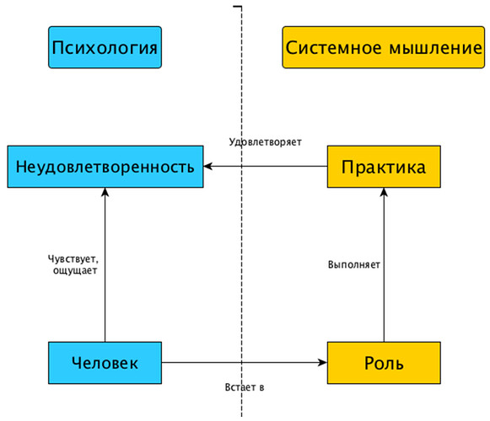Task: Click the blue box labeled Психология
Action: coord(105,47)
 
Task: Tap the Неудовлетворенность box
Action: coord(105,167)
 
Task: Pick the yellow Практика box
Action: coord(383,167)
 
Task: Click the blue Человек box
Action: coord(105,363)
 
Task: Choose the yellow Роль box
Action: coord(383,363)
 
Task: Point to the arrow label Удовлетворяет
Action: coord(265,141)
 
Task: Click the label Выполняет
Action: coord(353,264)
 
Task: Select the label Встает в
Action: coord(245,386)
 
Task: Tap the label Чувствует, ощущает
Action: coord(73,266)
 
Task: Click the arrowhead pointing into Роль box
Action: coord(322,363)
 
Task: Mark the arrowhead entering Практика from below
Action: coord(383,194)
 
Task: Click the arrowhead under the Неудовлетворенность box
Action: coord(105,194)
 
